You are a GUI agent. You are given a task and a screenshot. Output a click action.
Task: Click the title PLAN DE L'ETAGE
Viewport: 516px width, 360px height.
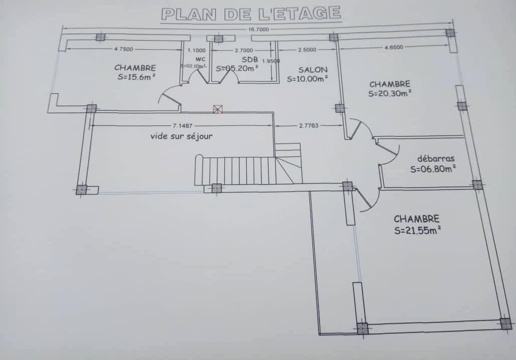pos(251,14)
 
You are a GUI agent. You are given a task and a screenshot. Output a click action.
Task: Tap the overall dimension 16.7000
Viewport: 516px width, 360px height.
pos(259,30)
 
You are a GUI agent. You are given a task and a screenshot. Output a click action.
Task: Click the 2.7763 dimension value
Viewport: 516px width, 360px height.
pos(308,125)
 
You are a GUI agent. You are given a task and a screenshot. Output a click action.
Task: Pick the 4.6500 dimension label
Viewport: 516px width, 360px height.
pos(394,47)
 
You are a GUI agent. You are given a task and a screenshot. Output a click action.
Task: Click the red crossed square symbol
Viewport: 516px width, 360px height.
pos(217,108)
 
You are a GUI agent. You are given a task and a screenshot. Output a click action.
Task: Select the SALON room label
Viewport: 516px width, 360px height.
pos(313,70)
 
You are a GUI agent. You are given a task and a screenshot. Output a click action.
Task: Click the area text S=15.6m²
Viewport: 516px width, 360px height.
pos(135,77)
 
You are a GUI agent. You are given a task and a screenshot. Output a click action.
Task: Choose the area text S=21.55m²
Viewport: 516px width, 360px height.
pos(417,231)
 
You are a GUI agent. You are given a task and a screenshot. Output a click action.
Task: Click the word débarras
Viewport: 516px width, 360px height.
pos(436,159)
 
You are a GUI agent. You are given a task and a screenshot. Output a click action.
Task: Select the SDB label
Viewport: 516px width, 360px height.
pos(250,59)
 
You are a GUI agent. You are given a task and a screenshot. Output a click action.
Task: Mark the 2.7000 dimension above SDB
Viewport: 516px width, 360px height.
pos(244,50)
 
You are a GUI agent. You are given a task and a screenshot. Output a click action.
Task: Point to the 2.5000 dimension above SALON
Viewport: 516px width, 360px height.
pos(307,50)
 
